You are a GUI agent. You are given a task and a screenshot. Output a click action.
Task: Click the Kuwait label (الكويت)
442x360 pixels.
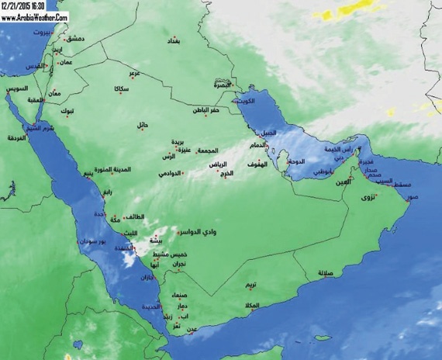(x=248, y=101)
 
